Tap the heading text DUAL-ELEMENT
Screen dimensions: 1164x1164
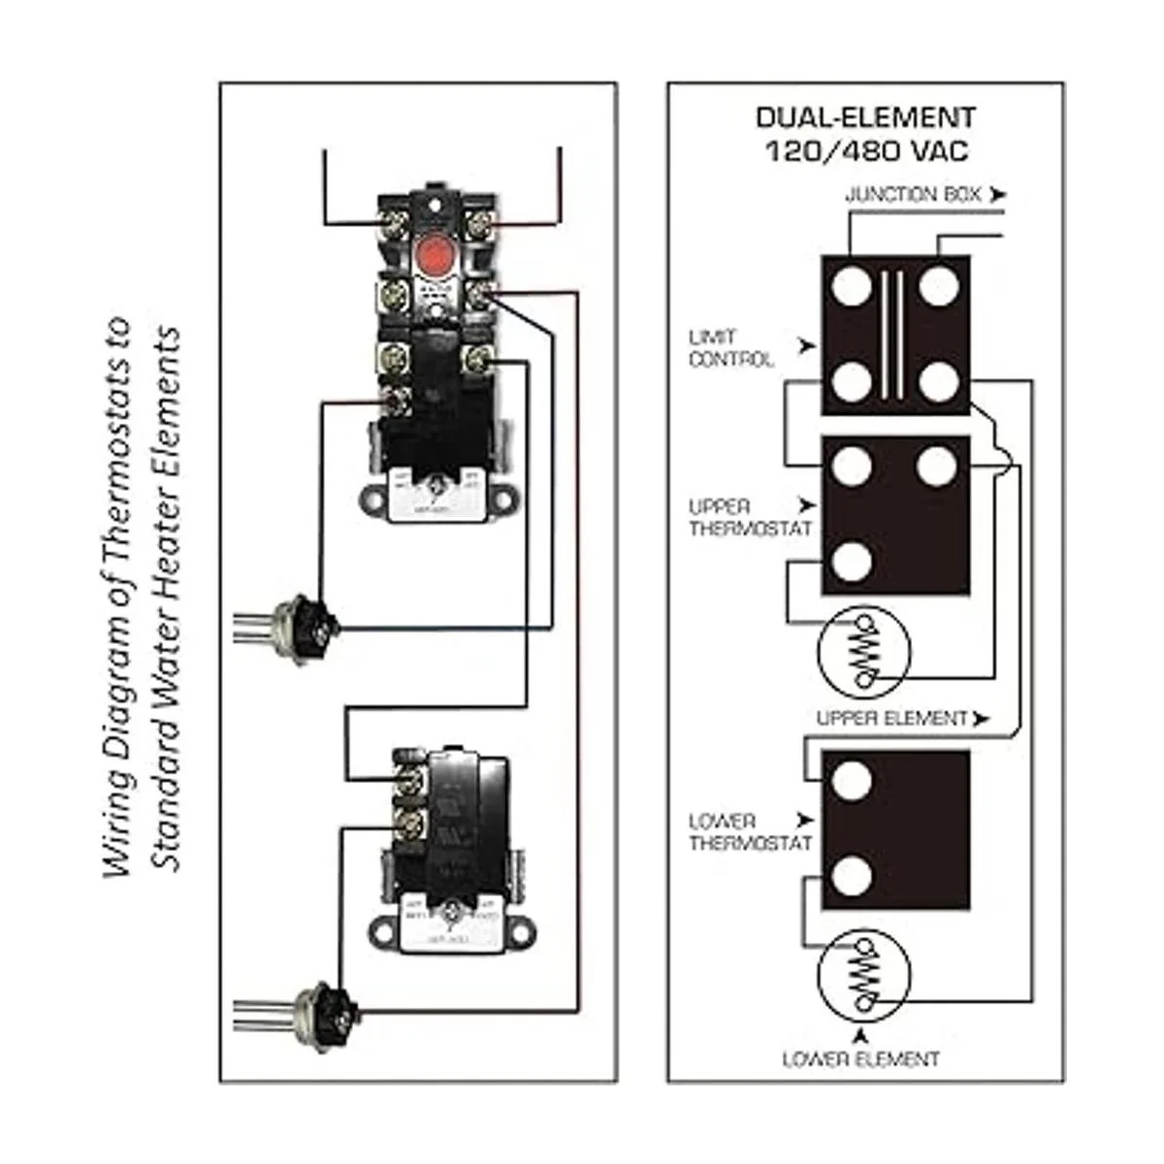865,118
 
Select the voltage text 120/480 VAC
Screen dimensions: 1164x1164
865,151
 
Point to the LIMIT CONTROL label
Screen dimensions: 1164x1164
730,348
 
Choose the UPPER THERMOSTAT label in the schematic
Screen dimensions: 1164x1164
749,518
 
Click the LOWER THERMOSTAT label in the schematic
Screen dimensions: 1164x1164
749,832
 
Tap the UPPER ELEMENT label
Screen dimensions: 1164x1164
891,719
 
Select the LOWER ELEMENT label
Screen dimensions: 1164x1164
860,1058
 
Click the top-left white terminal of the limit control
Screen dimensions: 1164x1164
851,286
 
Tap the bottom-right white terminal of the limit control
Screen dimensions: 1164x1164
938,381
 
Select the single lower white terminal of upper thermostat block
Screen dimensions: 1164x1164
851,563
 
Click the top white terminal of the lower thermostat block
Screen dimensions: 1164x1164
851,781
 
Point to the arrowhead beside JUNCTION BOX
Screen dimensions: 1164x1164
997,195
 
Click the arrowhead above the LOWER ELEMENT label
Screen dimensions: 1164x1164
860,1036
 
